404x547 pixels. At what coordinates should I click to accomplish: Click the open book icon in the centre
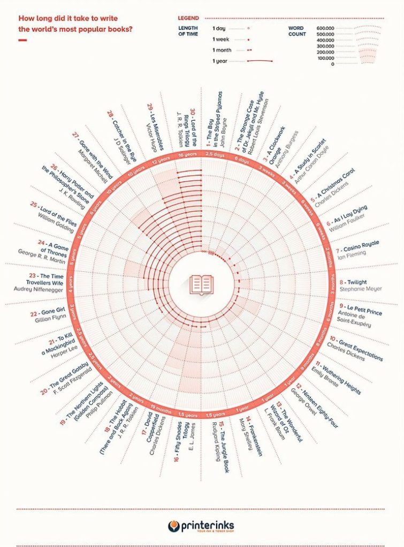click(x=202, y=283)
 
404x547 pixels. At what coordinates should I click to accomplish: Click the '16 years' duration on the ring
click(x=188, y=154)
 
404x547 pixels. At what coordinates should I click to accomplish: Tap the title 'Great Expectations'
click(x=356, y=345)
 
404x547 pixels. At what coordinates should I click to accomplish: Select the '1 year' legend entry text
click(x=219, y=61)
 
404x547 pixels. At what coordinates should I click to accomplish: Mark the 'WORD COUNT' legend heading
click(x=296, y=31)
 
